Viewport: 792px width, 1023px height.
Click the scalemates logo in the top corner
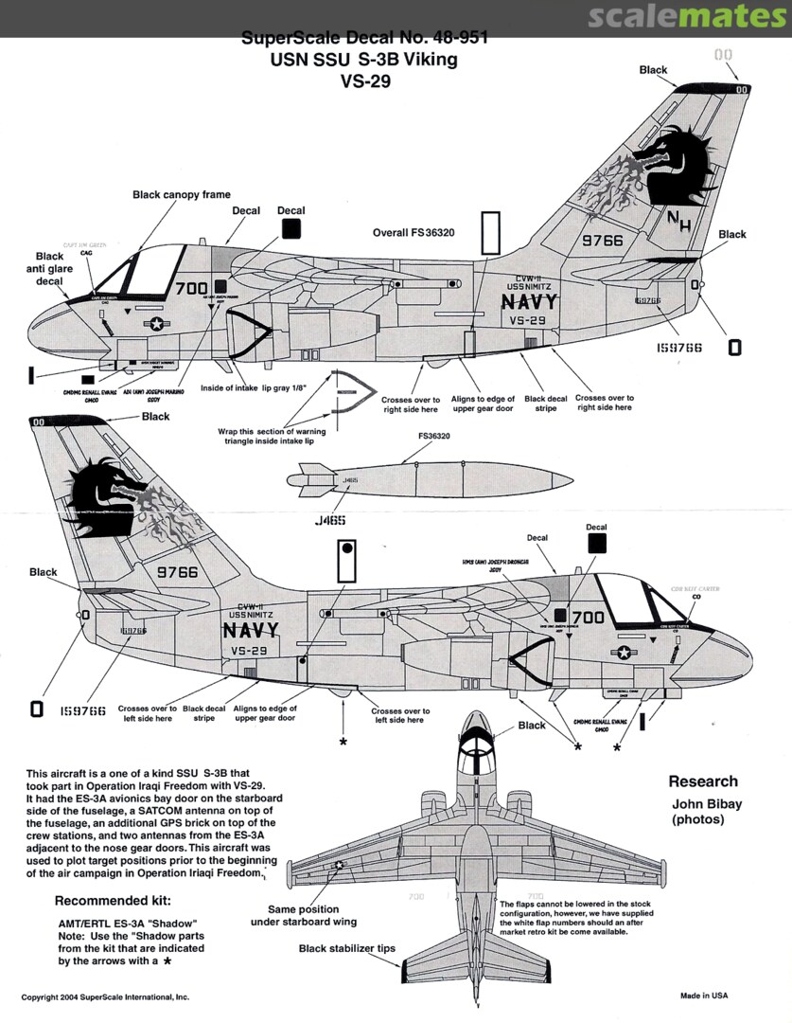(687, 17)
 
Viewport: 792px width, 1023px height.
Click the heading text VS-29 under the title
(365, 81)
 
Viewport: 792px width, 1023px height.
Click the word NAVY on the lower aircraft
(251, 630)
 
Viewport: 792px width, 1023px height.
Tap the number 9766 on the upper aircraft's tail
(602, 241)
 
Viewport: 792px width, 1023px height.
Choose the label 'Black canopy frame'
(182, 194)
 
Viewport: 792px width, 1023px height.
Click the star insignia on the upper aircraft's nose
(155, 324)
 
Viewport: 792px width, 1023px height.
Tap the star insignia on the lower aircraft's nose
(625, 652)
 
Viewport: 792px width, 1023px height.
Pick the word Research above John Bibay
(702, 781)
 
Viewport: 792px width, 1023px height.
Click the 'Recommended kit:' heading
(114, 900)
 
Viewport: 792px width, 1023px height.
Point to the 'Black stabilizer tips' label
(347, 948)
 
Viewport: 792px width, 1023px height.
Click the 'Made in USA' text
(704, 996)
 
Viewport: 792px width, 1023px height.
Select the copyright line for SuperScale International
(106, 997)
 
